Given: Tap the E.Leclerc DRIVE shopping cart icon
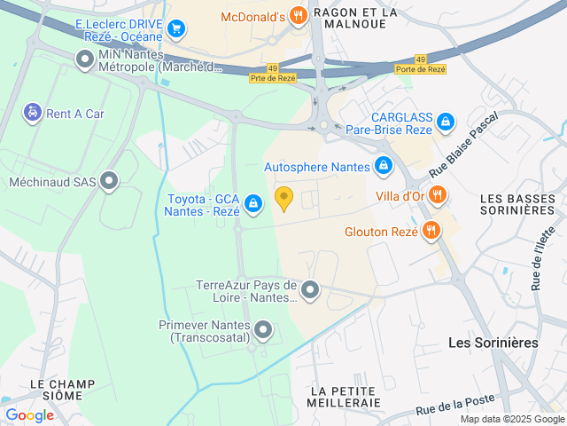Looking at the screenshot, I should tap(176, 29).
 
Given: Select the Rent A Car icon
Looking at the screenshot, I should tap(32, 113).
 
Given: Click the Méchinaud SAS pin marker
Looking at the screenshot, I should tap(109, 182).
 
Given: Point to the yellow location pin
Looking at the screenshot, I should tap(283, 198).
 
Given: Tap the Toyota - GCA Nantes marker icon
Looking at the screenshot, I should tap(253, 204).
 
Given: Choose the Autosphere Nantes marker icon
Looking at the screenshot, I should tap(384, 166).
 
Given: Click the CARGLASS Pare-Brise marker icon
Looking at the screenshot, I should tap(445, 121).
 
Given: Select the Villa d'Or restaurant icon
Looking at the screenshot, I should tap(436, 194).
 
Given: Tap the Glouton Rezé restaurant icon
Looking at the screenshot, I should tap(431, 232).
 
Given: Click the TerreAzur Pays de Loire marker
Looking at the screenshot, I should tap(310, 289).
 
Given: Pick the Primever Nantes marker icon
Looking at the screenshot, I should tap(263, 331).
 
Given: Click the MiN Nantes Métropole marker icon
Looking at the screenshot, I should tap(85, 60).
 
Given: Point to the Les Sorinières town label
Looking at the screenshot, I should tap(493, 342).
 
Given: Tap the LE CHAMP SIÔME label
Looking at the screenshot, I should tap(62, 390).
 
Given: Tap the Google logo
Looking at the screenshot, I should tap(29, 414).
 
